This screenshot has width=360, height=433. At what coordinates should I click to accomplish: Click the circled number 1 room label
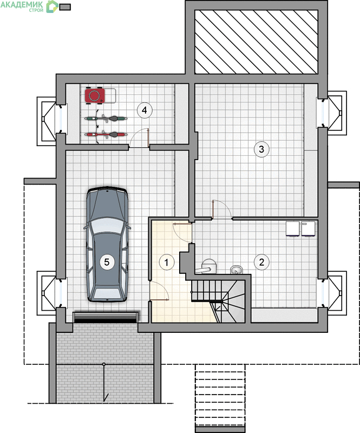pos(167,263)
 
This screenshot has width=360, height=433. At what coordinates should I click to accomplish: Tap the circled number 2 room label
pos(261,262)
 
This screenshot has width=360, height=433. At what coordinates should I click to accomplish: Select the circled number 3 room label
pos(261,149)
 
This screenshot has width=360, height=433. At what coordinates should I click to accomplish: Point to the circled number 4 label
pos(145,110)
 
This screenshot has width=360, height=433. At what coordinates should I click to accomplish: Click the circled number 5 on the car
pos(107,261)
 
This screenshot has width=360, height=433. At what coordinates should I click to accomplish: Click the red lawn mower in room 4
pos(95,96)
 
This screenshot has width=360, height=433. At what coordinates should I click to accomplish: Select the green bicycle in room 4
pos(106,119)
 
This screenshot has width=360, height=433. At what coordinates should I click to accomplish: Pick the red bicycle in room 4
pos(106,134)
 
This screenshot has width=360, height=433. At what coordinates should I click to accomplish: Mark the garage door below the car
pos(105,317)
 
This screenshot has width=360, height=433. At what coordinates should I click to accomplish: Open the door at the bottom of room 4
pos(140,138)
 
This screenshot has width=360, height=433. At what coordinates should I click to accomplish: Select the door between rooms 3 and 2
pos(222,209)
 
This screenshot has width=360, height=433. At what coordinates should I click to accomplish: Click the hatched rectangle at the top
pos(256,42)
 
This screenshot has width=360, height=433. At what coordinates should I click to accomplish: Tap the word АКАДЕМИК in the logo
pos(22,4)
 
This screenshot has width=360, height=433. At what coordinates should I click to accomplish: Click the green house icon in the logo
pos(51,6)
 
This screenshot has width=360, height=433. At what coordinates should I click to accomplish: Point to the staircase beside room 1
pos(218,301)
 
